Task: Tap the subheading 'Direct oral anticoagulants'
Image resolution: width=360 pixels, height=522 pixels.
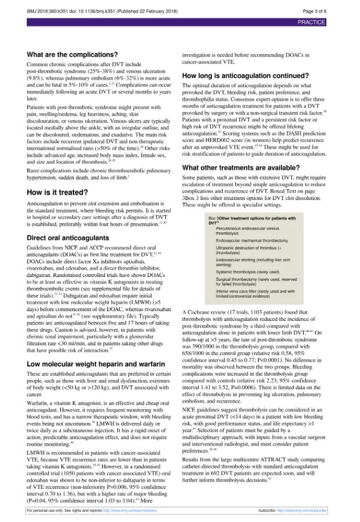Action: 67,236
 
